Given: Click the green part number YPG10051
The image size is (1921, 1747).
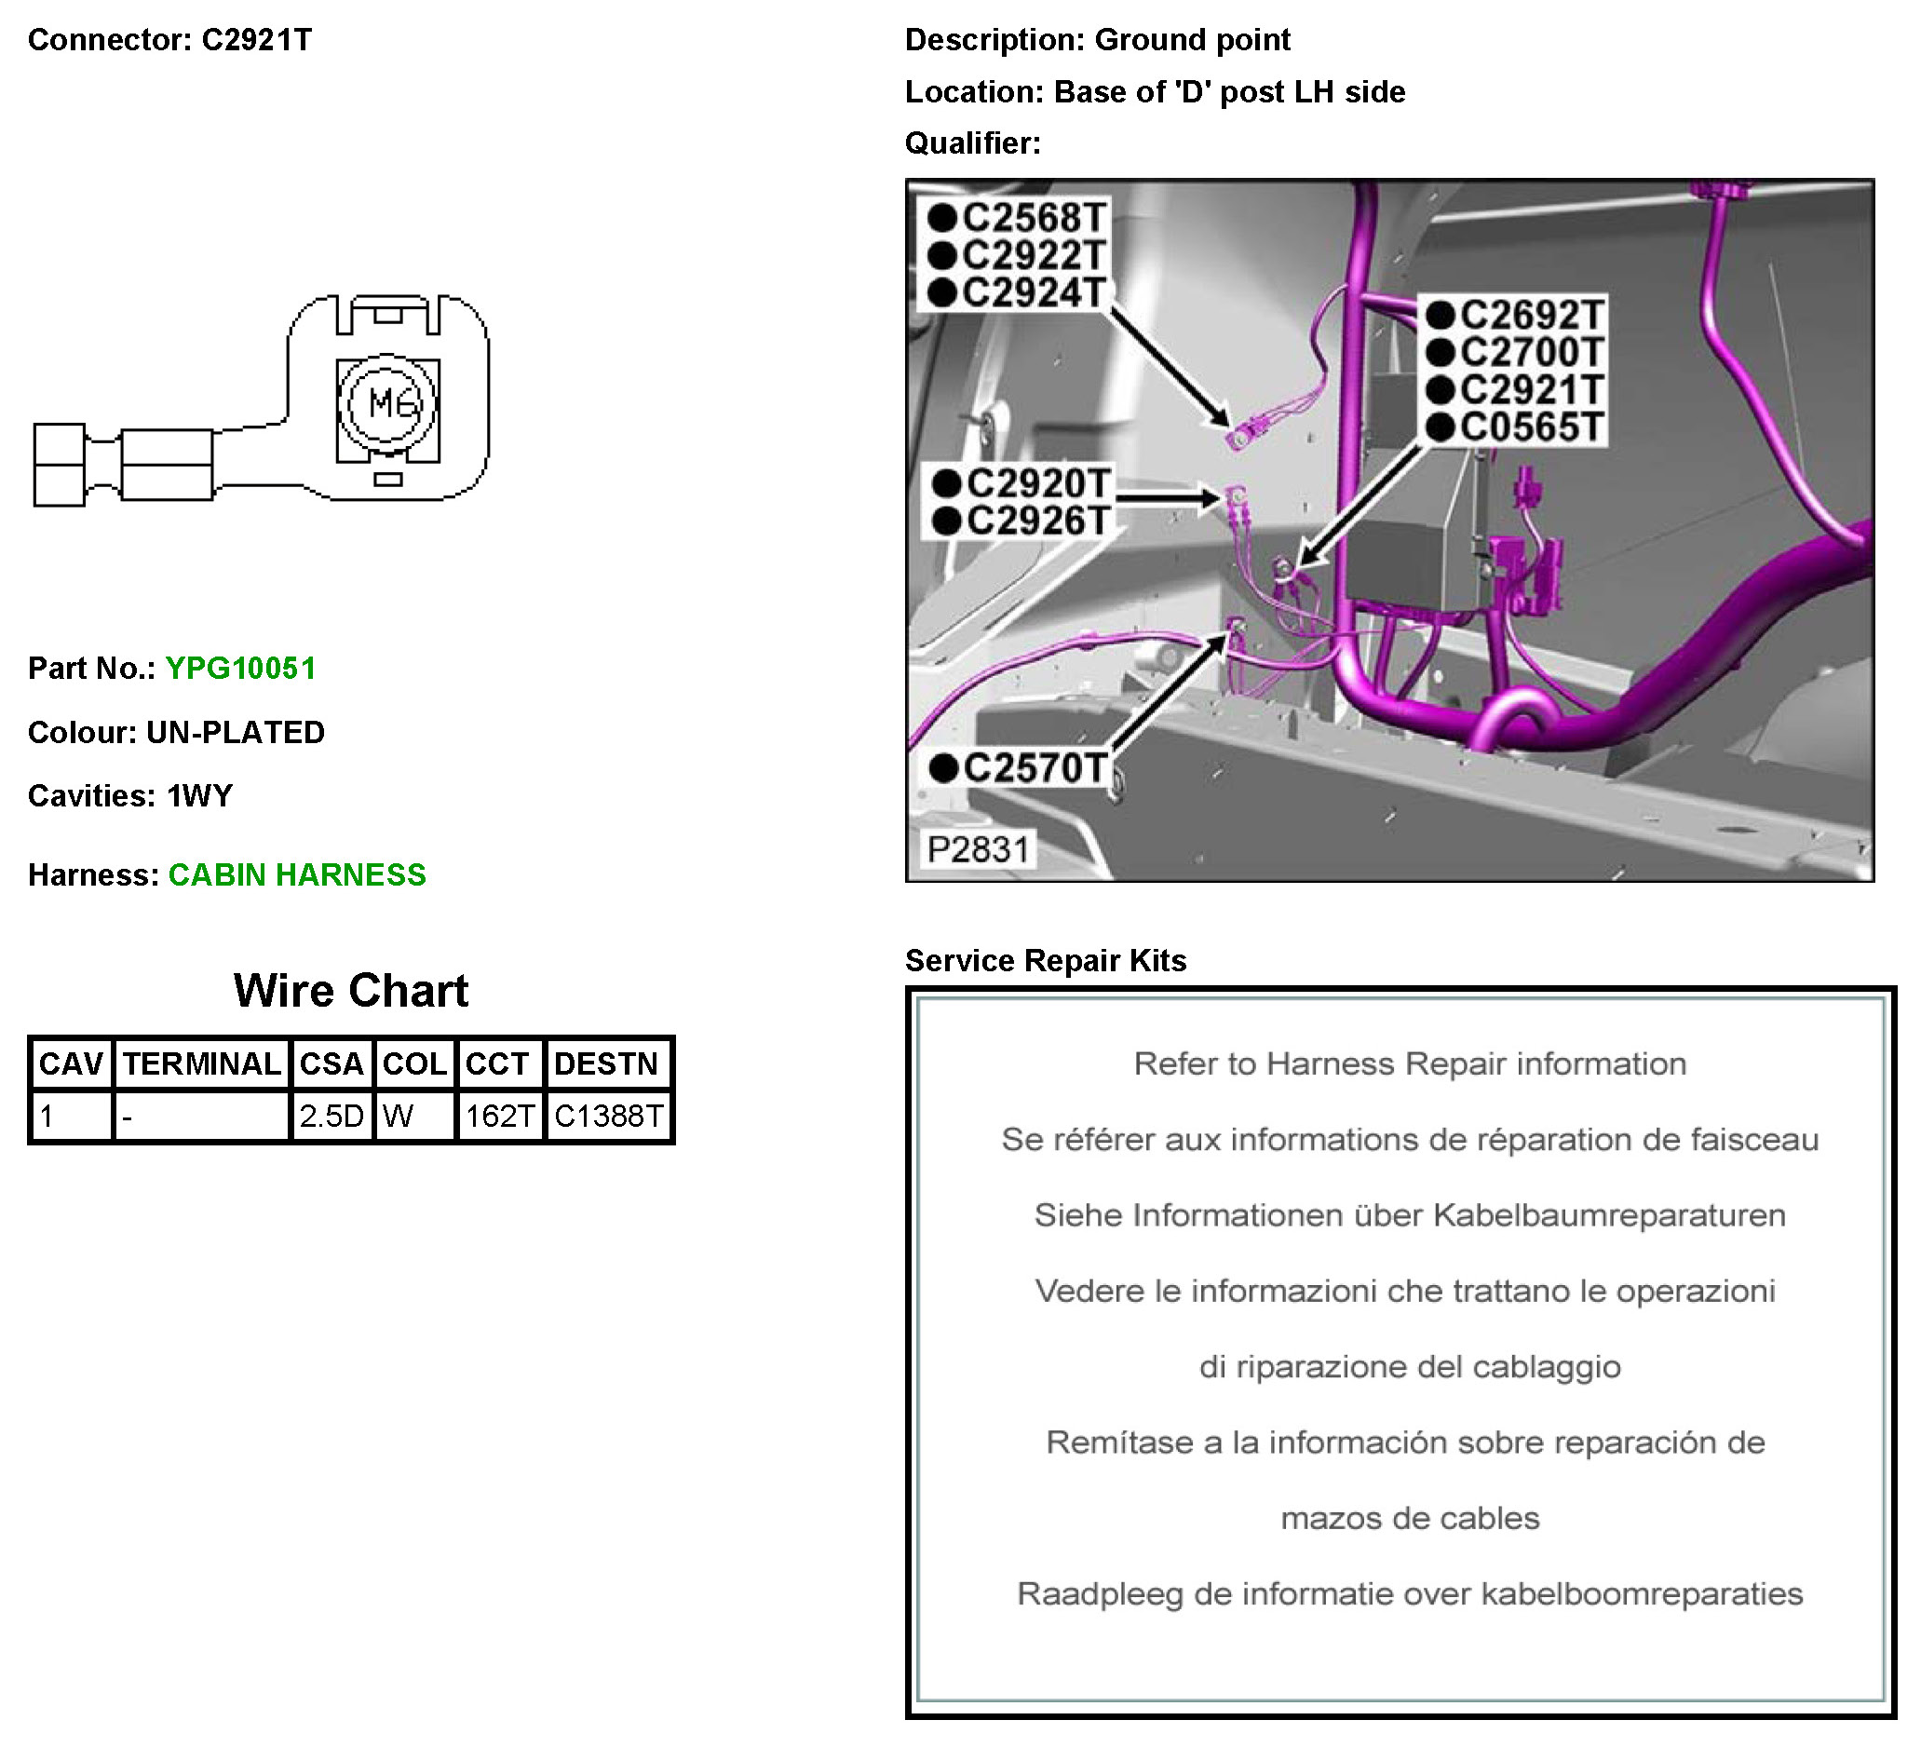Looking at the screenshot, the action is (x=240, y=668).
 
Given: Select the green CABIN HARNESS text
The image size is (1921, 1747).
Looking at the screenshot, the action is (x=297, y=875).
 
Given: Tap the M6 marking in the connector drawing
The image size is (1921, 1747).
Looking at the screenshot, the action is (x=392, y=404).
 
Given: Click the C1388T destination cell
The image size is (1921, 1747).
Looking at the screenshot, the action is (x=608, y=1115).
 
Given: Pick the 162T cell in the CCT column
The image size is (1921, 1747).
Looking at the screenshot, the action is (x=499, y=1115).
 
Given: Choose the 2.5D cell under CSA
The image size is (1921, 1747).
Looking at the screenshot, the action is (x=331, y=1115).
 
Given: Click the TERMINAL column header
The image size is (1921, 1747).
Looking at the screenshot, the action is (x=201, y=1063).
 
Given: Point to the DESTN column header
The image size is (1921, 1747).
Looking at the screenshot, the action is (x=606, y=1063).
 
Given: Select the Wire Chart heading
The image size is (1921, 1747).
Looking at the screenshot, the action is (x=351, y=991).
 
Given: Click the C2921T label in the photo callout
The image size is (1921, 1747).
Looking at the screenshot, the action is (x=1531, y=390).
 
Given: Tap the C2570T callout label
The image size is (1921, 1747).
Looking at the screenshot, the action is (x=1035, y=768).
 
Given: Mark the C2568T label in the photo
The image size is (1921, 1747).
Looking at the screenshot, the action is (x=1033, y=218).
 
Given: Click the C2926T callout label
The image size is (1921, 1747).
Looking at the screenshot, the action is (x=1037, y=521).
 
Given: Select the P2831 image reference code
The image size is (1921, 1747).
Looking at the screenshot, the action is (x=979, y=849).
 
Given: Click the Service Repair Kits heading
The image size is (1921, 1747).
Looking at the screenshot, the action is (x=1046, y=961).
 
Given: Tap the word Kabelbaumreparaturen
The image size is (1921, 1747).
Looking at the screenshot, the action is (x=1608, y=1215).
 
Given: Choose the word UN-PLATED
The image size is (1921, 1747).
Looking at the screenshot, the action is (x=236, y=732).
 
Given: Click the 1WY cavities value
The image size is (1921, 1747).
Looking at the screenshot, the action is (x=199, y=796).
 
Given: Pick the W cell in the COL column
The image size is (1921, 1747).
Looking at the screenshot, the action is (x=398, y=1115).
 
